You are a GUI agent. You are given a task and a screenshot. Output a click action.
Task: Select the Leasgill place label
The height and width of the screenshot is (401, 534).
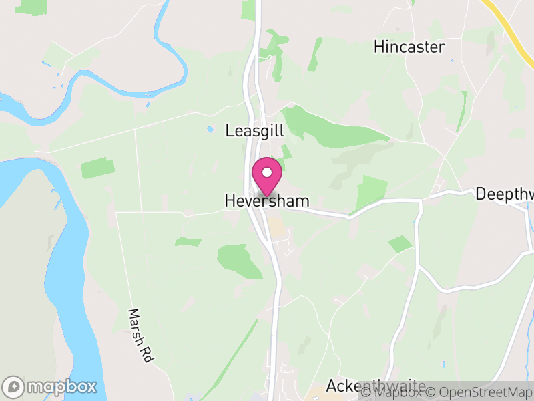255,131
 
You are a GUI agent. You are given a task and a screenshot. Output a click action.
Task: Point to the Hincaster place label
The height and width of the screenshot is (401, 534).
409,47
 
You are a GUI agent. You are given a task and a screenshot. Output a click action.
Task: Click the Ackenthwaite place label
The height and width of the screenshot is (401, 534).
375,386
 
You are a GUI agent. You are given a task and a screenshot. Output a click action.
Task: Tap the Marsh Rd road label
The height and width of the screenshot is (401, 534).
141,336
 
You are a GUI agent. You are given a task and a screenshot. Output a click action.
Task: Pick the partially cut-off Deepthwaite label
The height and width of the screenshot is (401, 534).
505,194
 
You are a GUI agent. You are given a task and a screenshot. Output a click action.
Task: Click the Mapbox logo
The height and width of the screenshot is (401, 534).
51,387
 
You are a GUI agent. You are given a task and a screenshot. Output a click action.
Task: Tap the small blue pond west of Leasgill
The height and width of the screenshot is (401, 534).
210,128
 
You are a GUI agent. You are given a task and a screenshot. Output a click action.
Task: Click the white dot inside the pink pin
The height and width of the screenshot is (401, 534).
267,173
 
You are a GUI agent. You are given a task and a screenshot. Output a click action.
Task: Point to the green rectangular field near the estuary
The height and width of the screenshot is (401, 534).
97,168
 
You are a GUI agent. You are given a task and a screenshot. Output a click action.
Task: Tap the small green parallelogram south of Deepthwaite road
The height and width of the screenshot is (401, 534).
400,244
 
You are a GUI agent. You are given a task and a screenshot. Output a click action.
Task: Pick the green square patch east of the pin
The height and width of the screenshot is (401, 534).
372,192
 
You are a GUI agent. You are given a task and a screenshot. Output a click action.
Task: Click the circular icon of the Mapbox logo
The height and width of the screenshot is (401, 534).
13,387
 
